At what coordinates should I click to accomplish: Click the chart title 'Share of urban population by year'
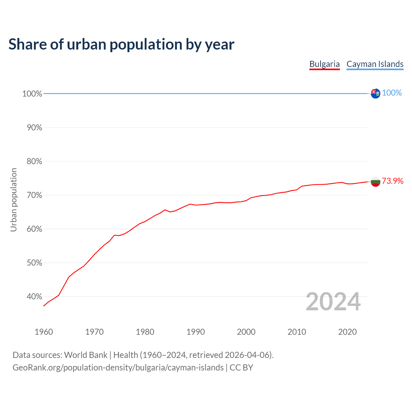(121, 44)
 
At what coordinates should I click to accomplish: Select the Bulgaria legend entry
(324, 64)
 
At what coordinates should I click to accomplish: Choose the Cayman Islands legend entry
(375, 64)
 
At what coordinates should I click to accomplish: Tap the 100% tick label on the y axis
(32, 94)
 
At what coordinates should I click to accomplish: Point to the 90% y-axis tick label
(34, 127)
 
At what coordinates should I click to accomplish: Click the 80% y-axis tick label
(34, 161)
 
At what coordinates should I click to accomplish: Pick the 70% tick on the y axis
(34, 195)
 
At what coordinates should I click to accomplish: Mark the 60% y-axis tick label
(34, 229)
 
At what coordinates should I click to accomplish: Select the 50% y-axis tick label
(34, 263)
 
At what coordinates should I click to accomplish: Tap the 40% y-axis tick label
(34, 296)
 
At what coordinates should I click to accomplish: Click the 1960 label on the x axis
(44, 332)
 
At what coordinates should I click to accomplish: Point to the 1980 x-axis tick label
(145, 332)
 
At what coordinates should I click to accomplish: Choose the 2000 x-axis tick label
(246, 332)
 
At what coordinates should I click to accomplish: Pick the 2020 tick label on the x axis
(347, 332)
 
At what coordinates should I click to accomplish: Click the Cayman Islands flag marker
(375, 93)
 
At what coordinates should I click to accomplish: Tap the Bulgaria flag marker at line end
(375, 182)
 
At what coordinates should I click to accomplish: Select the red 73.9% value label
(392, 181)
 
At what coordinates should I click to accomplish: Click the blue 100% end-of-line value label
(392, 93)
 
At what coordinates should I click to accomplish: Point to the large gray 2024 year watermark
(333, 302)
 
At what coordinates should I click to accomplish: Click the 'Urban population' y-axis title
(14, 200)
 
